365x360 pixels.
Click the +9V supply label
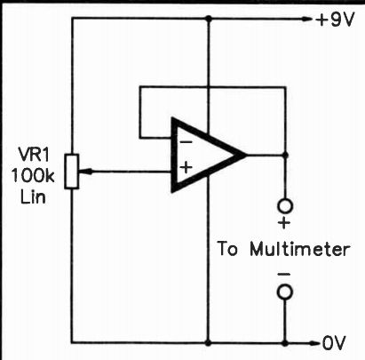[335, 20]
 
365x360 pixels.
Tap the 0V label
[334, 343]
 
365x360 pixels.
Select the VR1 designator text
[34, 154]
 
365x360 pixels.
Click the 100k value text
[33, 175]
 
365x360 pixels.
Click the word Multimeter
[300, 250]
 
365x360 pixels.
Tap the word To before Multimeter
[227, 250]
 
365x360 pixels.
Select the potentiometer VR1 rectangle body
[72, 172]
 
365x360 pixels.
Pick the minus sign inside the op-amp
[186, 142]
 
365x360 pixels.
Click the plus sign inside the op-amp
[186, 168]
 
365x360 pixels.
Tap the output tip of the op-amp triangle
[246, 155]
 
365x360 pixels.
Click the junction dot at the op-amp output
[285, 155]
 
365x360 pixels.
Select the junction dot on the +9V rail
[209, 19]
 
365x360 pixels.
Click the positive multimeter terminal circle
[285, 206]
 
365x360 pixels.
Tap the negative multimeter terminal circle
[285, 292]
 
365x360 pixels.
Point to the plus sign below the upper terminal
[284, 223]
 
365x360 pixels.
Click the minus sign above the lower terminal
[284, 275]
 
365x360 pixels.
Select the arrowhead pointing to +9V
[306, 20]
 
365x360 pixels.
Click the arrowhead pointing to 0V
[314, 344]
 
